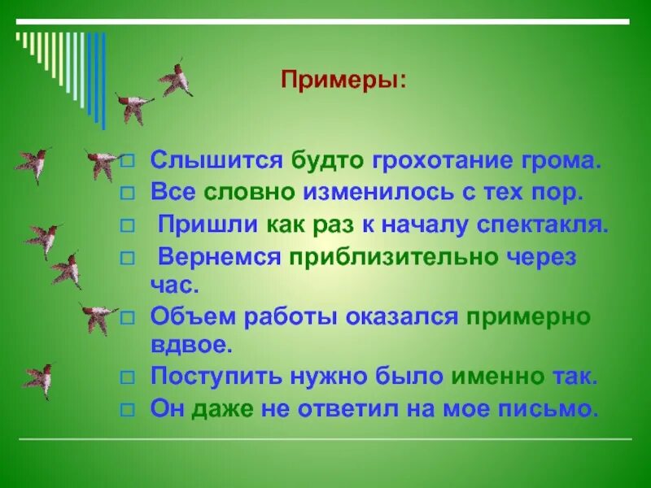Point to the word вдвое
coord(191,346)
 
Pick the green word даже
coord(217,408)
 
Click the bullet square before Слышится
coord(126,161)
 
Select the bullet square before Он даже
coord(126,409)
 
